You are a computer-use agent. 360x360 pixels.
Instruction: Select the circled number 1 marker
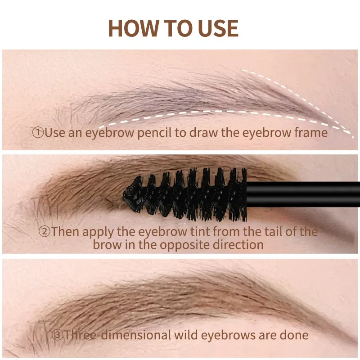[x=38, y=133]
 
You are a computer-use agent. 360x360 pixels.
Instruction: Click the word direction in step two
[x=239, y=245]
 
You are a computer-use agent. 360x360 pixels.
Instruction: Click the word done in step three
[x=294, y=335]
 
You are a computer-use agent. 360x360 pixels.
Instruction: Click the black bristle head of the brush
[x=189, y=193]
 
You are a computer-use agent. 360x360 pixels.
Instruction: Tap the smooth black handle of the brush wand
[x=306, y=194]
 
